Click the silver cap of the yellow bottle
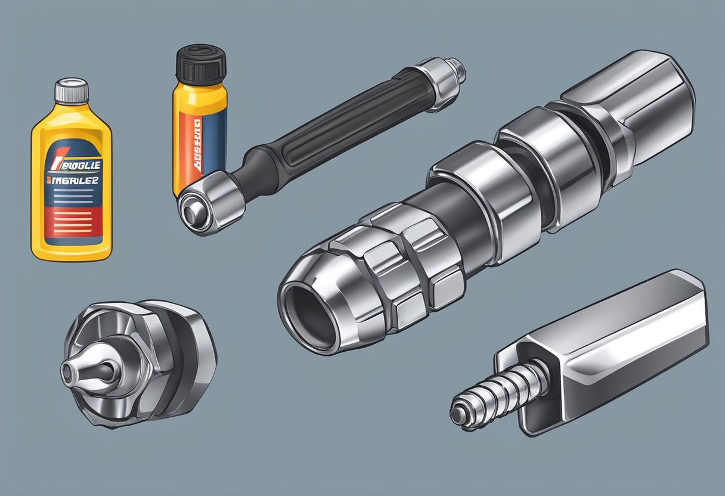tap(72, 91)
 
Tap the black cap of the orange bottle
tap(201, 63)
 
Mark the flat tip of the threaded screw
tap(458, 415)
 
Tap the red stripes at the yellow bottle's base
tap(71, 224)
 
